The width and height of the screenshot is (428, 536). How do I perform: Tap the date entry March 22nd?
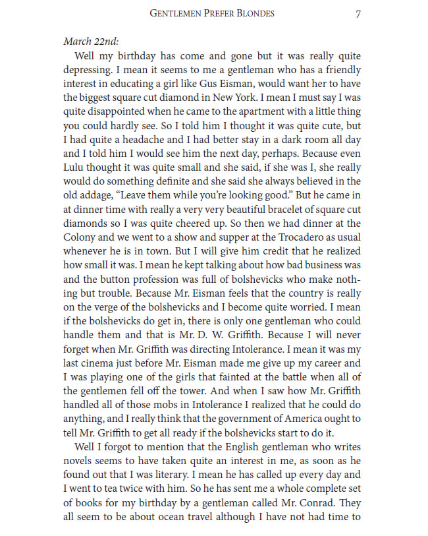pos(92,42)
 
